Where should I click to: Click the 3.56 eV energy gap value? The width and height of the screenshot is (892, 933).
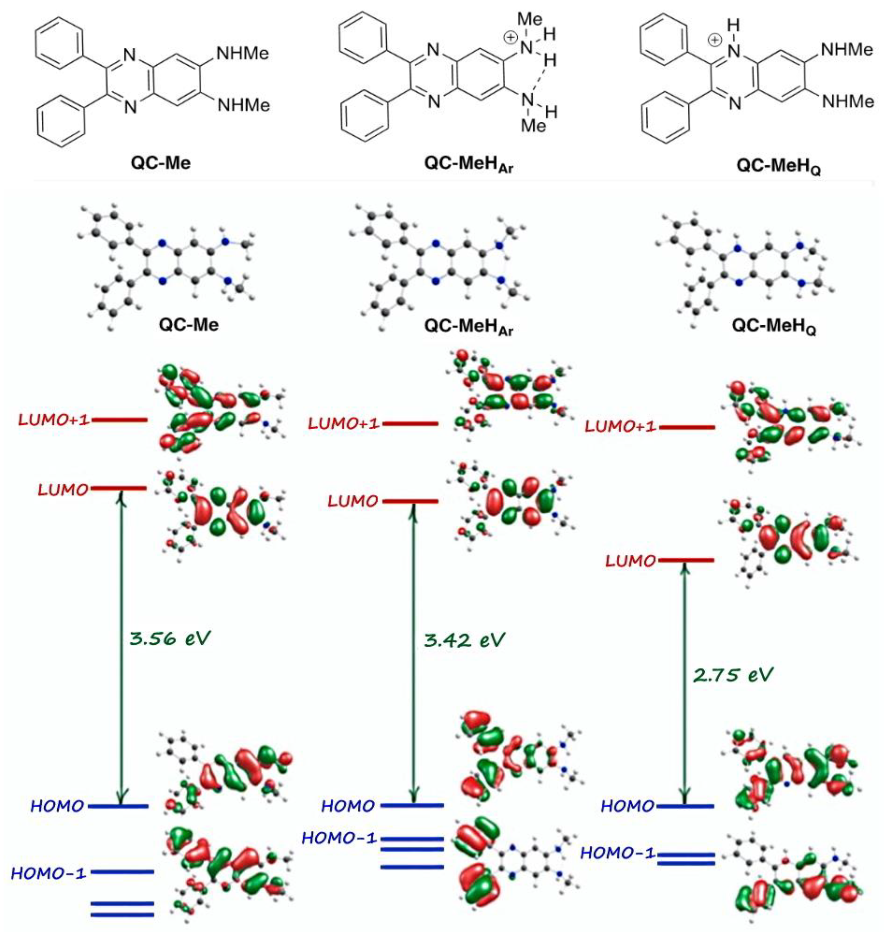pos(169,638)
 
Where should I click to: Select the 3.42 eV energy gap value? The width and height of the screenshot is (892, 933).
pos(464,640)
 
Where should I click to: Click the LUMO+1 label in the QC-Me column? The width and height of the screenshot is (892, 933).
pos(54,420)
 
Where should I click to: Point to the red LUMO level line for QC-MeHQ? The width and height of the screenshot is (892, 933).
pos(686,560)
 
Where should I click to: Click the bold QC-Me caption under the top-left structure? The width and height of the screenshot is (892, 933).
pos(161,163)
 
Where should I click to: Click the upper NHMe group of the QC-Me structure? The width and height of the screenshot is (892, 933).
pos(242,53)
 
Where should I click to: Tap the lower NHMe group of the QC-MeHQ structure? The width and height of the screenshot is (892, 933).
pos(848,101)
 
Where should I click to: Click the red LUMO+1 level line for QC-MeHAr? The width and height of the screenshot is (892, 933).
pos(410,423)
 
